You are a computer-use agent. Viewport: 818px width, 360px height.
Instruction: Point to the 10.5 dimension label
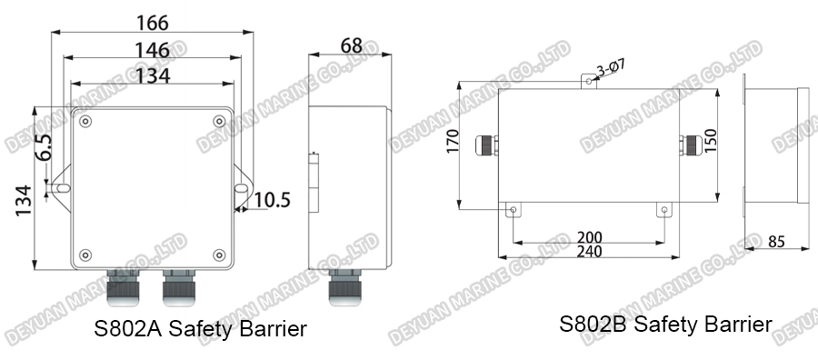[x=272, y=199]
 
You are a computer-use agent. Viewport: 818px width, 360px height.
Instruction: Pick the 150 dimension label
[x=712, y=142]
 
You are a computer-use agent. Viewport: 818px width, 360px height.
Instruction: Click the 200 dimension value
[x=589, y=237]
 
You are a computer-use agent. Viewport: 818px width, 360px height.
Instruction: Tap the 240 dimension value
[x=589, y=252]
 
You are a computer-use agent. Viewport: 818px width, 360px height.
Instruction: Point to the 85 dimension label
[x=776, y=242]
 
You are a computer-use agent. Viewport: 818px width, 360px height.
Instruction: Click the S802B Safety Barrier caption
[x=665, y=324]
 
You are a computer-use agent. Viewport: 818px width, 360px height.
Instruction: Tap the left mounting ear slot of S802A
[x=61, y=188]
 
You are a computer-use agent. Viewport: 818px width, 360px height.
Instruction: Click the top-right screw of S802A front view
[x=219, y=122]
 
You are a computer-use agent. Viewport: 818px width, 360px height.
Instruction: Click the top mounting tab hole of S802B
[x=589, y=81]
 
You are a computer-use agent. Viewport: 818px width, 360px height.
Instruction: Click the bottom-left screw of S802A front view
[x=85, y=254]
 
